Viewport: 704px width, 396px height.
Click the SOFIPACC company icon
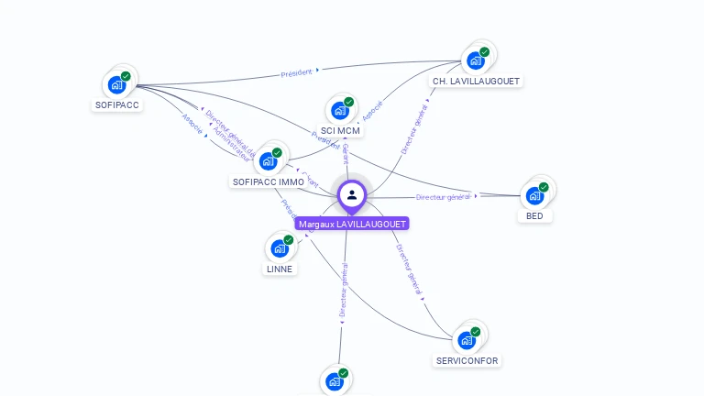pos(116,84)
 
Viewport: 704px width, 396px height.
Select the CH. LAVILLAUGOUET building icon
pos(475,60)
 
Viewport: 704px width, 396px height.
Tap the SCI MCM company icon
pos(340,110)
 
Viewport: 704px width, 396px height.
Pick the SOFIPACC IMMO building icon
pos(268,161)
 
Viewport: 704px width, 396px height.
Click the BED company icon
pos(534,195)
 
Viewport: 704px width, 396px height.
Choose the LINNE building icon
pos(280,248)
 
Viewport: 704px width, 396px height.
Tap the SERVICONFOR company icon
pos(467,340)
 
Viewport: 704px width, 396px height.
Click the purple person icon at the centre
pos(352,194)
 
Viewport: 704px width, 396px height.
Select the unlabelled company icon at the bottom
pos(335,381)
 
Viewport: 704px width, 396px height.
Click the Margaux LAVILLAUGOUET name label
pos(352,224)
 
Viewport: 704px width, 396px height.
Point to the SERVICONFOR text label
pos(467,361)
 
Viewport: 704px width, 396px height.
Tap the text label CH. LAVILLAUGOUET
pos(476,82)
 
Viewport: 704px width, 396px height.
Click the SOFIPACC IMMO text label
pos(269,182)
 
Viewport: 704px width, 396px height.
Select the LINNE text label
pos(280,269)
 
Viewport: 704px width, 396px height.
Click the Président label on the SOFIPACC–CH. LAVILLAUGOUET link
pos(297,71)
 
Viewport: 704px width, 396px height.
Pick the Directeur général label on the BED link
pos(444,197)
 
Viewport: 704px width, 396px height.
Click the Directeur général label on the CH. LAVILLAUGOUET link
pos(415,128)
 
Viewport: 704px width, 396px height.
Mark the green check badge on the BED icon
pos(544,187)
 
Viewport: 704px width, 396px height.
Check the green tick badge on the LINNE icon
pos(289,240)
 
